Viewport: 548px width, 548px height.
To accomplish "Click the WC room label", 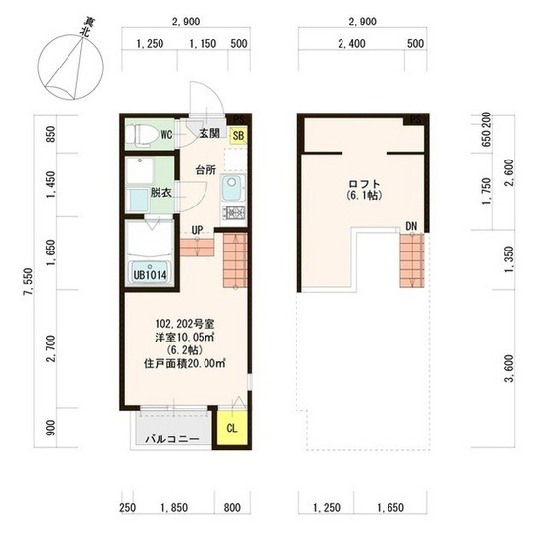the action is pos(166,135).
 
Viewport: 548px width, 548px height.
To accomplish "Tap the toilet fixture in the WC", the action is pos(139,134).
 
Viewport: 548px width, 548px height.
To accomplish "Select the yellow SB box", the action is pos(238,135).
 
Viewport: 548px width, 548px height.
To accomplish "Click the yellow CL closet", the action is pos(231,428).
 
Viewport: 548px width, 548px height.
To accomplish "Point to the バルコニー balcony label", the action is pos(172,439).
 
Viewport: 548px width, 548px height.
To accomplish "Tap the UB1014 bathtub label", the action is pos(150,275).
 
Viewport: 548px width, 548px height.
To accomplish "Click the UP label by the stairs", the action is pos(197,230).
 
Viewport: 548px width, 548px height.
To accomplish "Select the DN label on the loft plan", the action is pos(411,226).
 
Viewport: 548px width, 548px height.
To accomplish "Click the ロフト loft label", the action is pos(364,184).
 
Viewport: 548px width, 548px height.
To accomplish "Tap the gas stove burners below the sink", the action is pos(234,212).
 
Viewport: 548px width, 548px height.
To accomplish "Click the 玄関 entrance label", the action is pos(209,133).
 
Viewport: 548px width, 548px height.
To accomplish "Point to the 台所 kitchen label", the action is pos(205,170).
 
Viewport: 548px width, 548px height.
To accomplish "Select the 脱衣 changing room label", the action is pos(161,192).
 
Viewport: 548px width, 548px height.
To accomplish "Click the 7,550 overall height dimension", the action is pos(29,282).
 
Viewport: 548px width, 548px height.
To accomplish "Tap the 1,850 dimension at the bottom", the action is pos(174,508).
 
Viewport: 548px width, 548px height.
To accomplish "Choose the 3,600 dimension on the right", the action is pos(510,368).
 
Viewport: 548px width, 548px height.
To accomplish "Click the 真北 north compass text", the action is pos(87,27).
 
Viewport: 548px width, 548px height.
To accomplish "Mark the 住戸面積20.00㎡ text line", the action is pos(185,363).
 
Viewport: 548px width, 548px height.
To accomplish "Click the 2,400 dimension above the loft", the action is pos(352,44).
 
